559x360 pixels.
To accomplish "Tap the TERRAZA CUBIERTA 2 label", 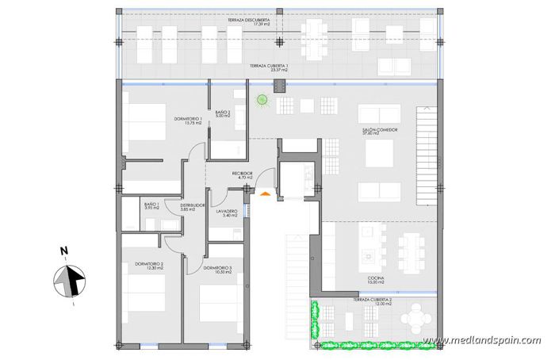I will [x=384, y=303].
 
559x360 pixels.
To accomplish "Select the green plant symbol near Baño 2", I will [x=262, y=100].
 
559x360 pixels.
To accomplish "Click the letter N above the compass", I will [x=64, y=252].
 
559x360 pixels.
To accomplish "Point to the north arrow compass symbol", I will [x=69, y=281].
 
